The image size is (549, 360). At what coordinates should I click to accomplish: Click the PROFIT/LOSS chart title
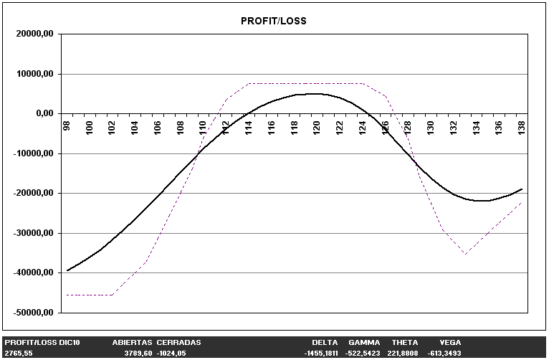(x=273, y=21)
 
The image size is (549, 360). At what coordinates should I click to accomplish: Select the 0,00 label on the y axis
(x=47, y=113)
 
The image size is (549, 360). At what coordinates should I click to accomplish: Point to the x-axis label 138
(x=521, y=127)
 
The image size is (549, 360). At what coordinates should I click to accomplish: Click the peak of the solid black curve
(x=315, y=93)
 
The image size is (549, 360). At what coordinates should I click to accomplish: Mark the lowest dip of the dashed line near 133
(x=464, y=254)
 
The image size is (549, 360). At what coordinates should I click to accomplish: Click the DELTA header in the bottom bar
(x=325, y=343)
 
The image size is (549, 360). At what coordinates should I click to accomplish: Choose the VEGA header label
(x=450, y=343)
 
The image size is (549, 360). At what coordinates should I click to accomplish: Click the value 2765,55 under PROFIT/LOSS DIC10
(x=19, y=354)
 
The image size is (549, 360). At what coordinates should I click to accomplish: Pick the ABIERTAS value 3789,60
(x=138, y=354)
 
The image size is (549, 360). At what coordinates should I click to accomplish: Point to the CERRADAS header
(x=178, y=343)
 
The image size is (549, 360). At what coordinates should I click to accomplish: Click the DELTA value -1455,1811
(x=320, y=354)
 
